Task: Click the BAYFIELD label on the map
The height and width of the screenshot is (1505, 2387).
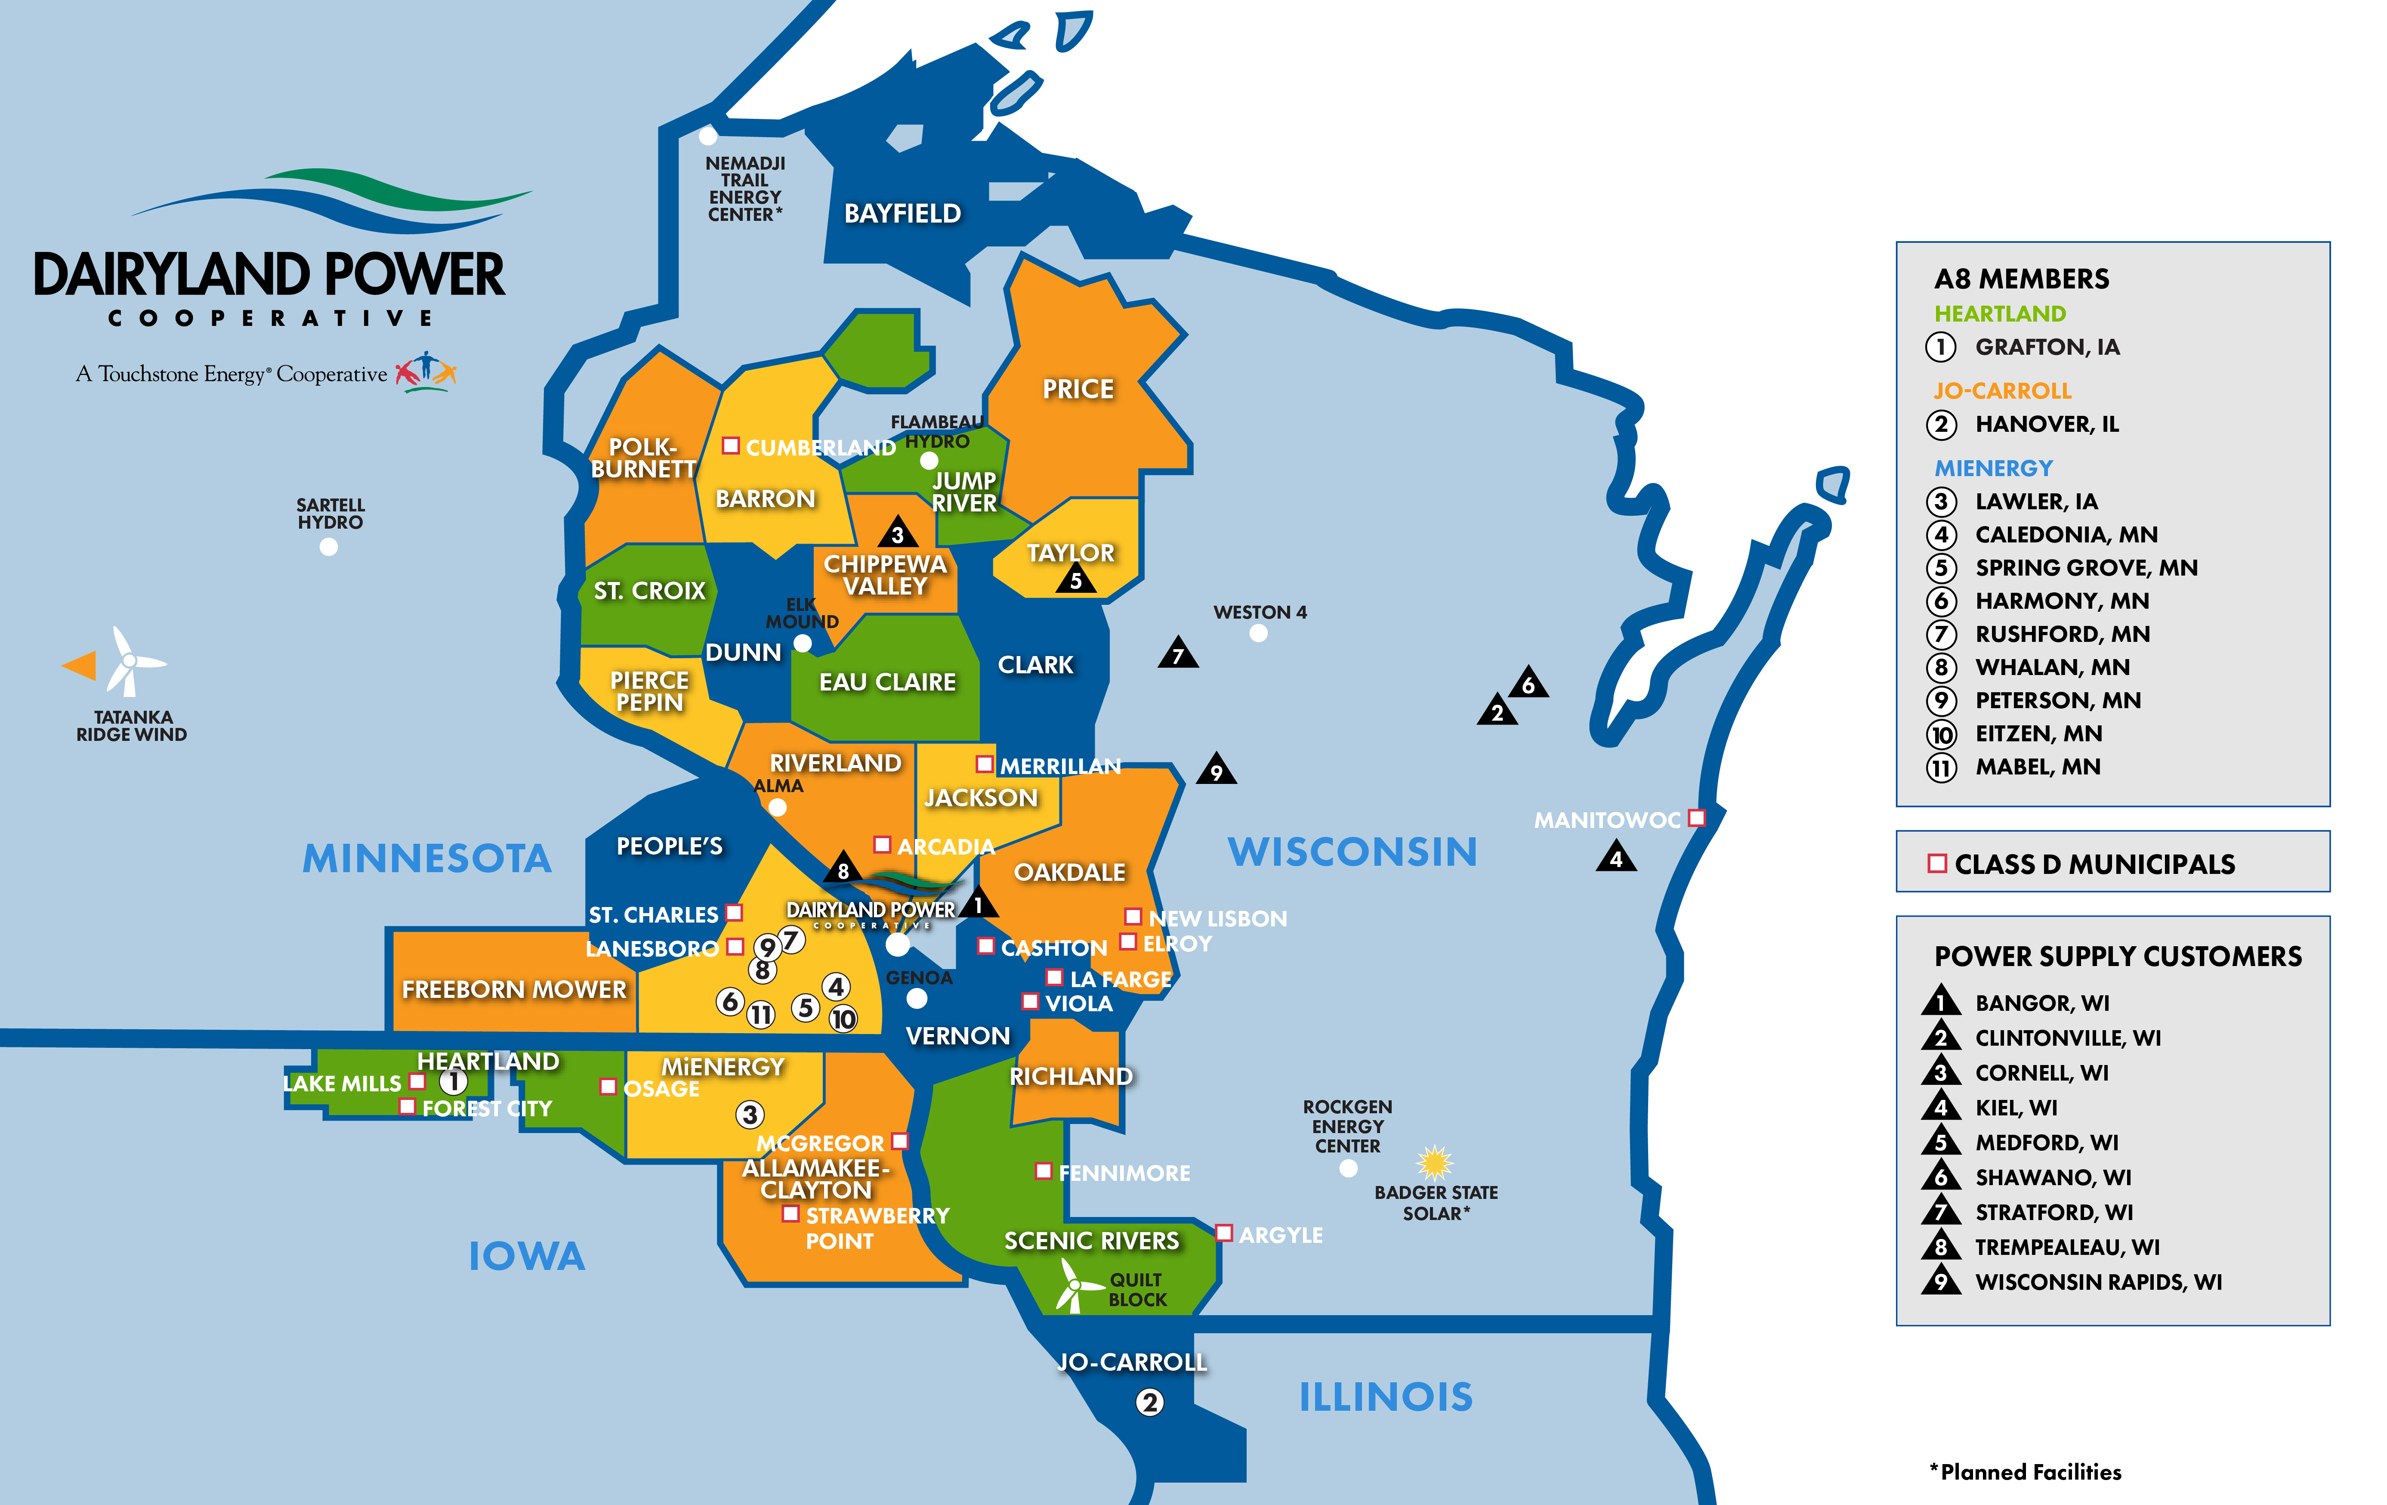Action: pyautogui.click(x=902, y=213)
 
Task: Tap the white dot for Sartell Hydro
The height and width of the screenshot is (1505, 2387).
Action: pyautogui.click(x=329, y=546)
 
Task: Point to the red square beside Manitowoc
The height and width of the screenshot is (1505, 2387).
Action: pyautogui.click(x=1697, y=818)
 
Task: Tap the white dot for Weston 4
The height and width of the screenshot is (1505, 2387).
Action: pyautogui.click(x=1259, y=634)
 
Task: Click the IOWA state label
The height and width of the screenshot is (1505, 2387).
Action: pyautogui.click(x=526, y=1256)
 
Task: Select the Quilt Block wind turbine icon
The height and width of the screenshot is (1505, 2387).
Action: pyautogui.click(x=1072, y=1285)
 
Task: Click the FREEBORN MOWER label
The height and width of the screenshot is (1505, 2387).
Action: pyautogui.click(x=513, y=989)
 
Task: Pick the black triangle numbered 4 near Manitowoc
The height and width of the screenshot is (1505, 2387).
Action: pyautogui.click(x=1616, y=857)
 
